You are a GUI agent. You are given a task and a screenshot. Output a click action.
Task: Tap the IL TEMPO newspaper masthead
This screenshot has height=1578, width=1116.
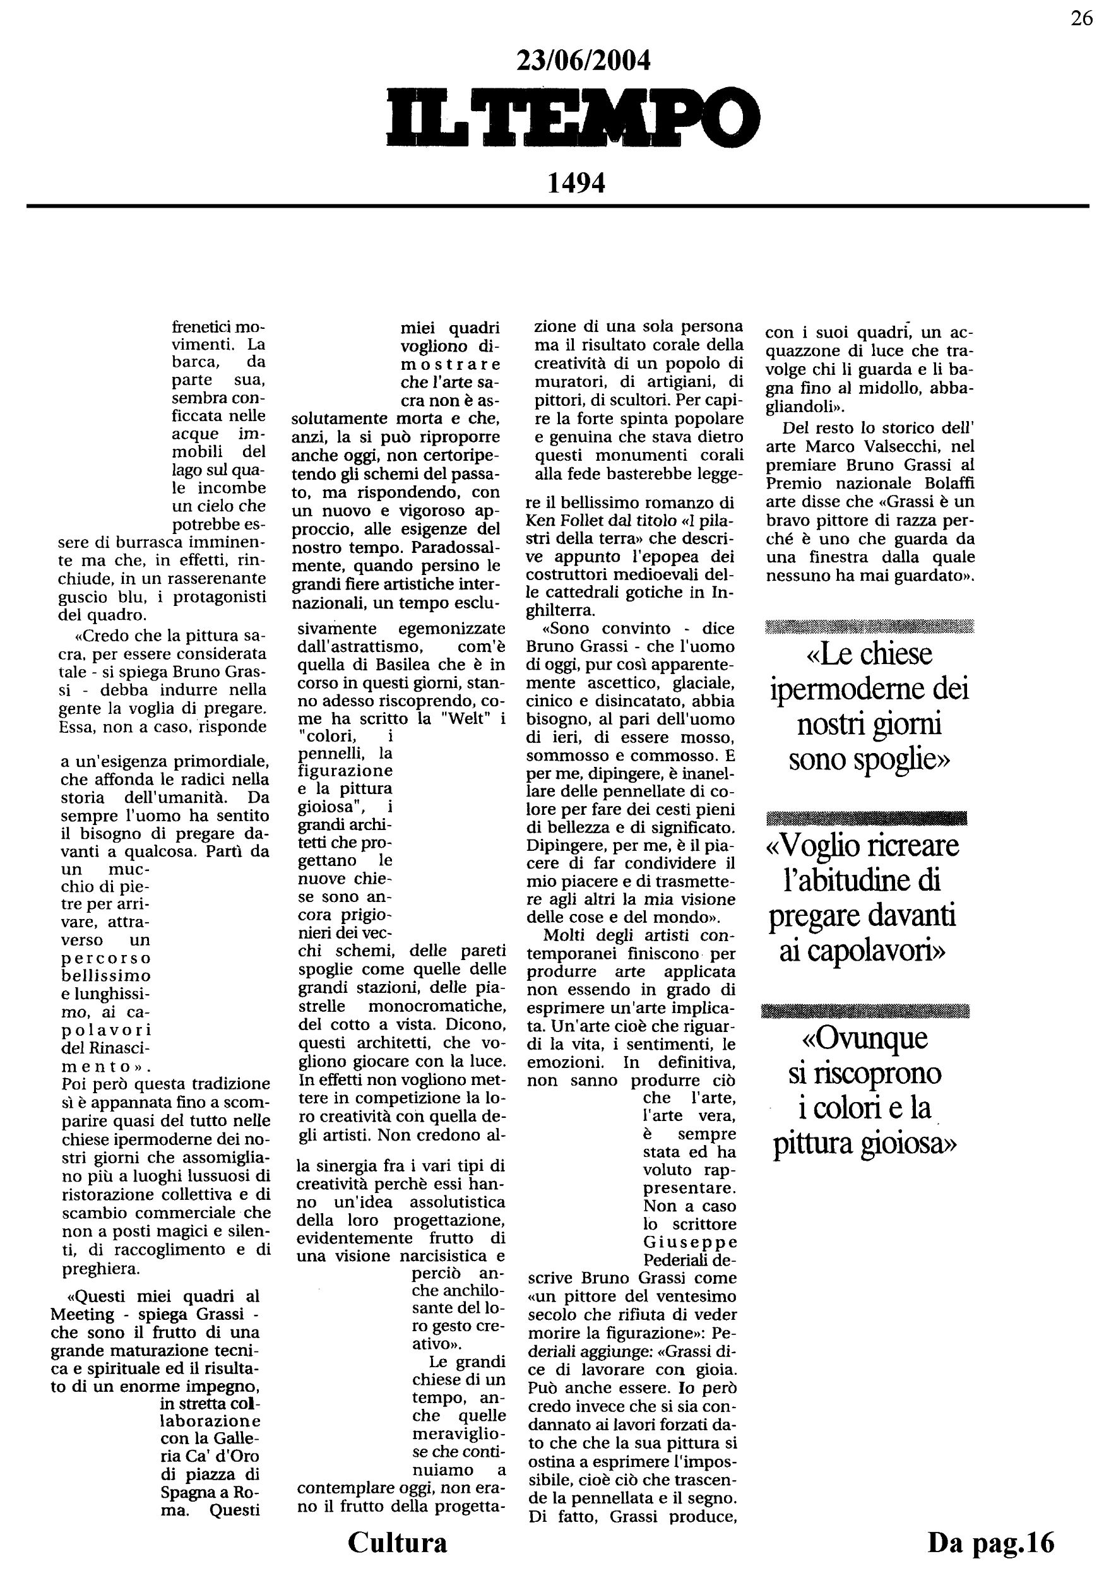(574, 119)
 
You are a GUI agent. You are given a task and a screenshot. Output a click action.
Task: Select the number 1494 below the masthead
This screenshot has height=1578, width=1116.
(576, 184)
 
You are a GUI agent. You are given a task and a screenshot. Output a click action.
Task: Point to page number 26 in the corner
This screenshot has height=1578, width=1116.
(1081, 18)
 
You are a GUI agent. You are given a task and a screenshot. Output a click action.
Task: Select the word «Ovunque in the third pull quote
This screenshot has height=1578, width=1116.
(865, 1038)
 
